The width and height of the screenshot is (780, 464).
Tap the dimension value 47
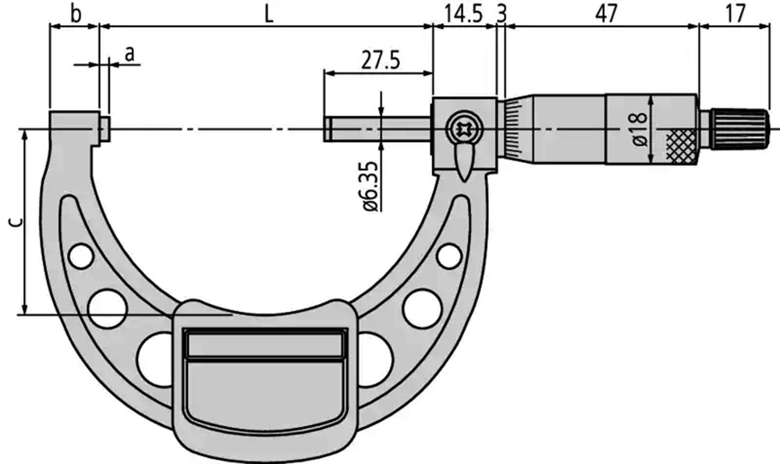pos(605,14)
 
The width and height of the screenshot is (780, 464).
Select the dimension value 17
pos(736,14)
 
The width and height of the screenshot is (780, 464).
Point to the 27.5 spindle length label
pos(381,61)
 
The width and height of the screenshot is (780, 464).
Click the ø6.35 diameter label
pos(374,187)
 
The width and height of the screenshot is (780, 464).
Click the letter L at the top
pos(268,15)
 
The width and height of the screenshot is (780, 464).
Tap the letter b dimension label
pos(76,14)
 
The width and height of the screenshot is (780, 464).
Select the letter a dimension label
pos(129,54)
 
